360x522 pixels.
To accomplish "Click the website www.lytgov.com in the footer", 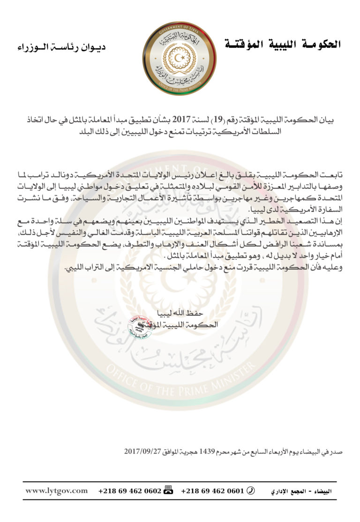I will pos(56,491).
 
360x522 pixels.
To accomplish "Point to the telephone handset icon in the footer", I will pos(251,491).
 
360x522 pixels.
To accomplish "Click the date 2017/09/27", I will pos(140,452).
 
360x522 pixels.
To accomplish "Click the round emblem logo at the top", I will pos(180,58).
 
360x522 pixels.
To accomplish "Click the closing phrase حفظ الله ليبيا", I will pos(179,313).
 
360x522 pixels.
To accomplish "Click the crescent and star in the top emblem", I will pos(180,57).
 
